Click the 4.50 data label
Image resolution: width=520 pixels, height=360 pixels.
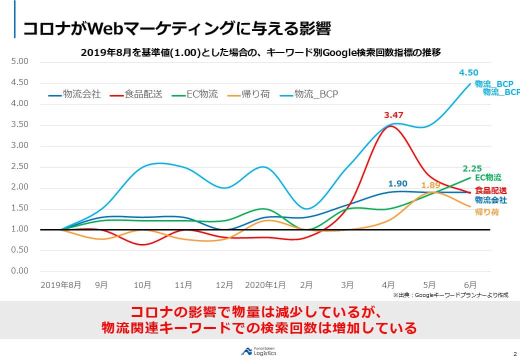tap(468, 73)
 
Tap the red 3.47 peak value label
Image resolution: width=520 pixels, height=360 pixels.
tap(393, 115)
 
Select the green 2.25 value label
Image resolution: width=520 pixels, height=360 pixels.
tap(472, 168)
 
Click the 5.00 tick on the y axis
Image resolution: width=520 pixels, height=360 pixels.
tap(19, 61)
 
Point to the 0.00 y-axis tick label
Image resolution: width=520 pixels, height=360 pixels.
tap(19, 271)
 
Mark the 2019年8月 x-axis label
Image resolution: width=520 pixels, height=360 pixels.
tap(60, 285)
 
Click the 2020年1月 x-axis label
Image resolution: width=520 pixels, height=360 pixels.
tap(265, 285)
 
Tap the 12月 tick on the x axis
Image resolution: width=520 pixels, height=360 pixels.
tap(224, 285)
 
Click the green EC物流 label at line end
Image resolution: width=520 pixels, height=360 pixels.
tap(488, 177)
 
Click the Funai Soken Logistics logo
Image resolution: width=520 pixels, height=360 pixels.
tap(258, 351)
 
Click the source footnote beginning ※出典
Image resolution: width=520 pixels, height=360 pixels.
tap(450, 295)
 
